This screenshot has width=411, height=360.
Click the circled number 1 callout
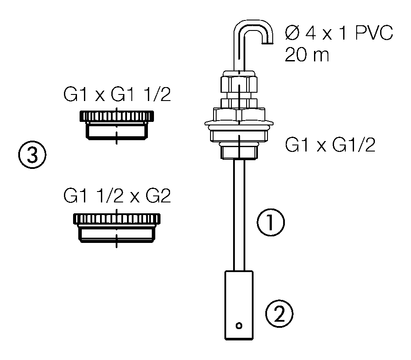[271, 223]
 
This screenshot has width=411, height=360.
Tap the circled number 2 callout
[279, 314]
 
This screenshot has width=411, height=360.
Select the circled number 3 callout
[32, 155]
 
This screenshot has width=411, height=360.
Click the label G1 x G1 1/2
[117, 95]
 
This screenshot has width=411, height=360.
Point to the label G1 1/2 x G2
[117, 196]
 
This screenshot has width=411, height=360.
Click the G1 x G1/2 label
[330, 145]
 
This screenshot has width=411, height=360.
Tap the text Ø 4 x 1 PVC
[339, 33]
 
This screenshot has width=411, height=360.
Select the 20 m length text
[307, 55]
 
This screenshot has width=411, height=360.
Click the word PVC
[373, 33]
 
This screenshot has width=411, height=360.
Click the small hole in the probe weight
[239, 325]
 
